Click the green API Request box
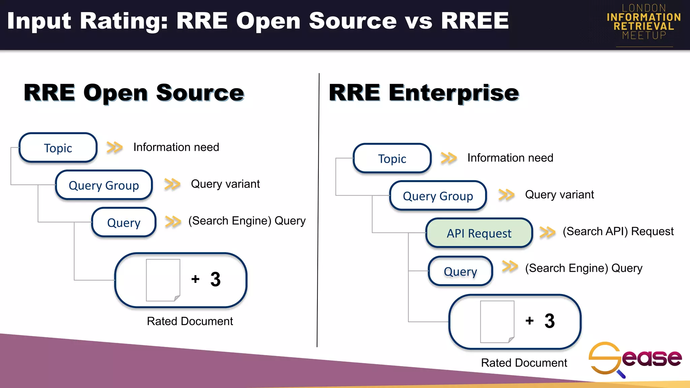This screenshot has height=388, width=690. click(x=479, y=233)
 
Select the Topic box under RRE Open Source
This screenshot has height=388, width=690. click(x=58, y=148)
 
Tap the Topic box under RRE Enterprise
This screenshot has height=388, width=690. click(x=392, y=158)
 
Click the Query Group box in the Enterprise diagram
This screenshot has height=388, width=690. click(x=438, y=196)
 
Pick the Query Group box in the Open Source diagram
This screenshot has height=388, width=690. click(x=104, y=185)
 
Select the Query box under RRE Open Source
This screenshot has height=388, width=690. click(x=124, y=222)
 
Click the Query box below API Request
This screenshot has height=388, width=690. click(x=460, y=271)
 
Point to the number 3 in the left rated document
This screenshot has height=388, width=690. click(x=215, y=279)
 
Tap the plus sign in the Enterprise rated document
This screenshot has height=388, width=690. click(x=529, y=321)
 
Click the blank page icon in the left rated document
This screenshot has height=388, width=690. click(x=163, y=280)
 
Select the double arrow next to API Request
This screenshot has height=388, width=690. click(x=547, y=232)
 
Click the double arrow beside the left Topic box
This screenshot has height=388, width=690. click(x=115, y=148)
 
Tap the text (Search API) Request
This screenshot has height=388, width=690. click(x=618, y=231)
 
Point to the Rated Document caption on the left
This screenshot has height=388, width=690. click(x=190, y=321)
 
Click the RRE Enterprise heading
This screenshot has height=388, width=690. click(x=424, y=93)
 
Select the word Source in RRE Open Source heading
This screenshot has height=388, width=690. click(x=200, y=93)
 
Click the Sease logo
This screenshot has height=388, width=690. click(x=635, y=359)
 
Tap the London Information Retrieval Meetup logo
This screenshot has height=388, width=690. click(x=644, y=22)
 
